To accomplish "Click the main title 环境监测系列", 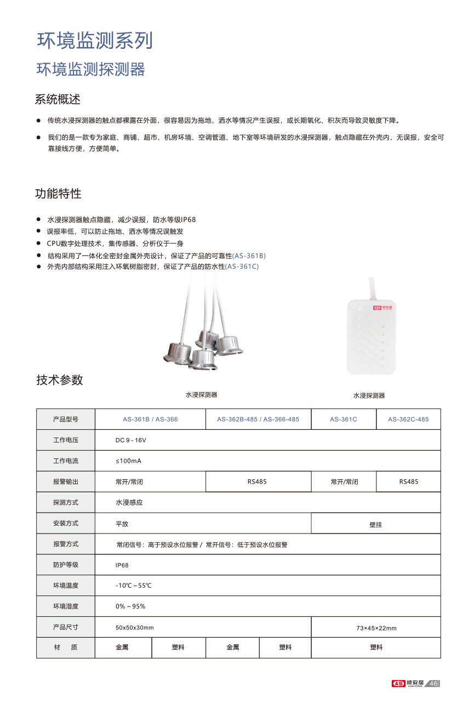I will pyautogui.click(x=94, y=41).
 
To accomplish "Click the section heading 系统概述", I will pyautogui.click(x=58, y=100).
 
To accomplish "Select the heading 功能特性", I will pyautogui.click(x=58, y=194).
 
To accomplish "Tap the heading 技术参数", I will pyautogui.click(x=60, y=380).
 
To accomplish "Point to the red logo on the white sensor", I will pyautogui.click(x=378, y=308).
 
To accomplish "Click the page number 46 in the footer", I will pyautogui.click(x=433, y=683).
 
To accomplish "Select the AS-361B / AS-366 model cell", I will pyautogui.click(x=150, y=419).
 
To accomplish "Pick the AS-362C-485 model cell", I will pyautogui.click(x=408, y=419).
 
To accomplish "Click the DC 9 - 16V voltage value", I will pyautogui.click(x=130, y=440).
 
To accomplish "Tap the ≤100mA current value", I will pyautogui.click(x=128, y=461).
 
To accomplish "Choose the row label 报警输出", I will pyautogui.click(x=66, y=482).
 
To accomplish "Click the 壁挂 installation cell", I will pyautogui.click(x=375, y=524).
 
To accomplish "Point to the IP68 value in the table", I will pyautogui.click(x=122, y=565).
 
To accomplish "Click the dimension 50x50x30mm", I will pyautogui.click(x=134, y=627).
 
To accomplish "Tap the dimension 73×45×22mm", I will pyautogui.click(x=376, y=628).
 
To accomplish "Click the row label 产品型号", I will pyautogui.click(x=66, y=419).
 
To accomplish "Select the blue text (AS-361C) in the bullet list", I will pyautogui.click(x=242, y=266).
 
